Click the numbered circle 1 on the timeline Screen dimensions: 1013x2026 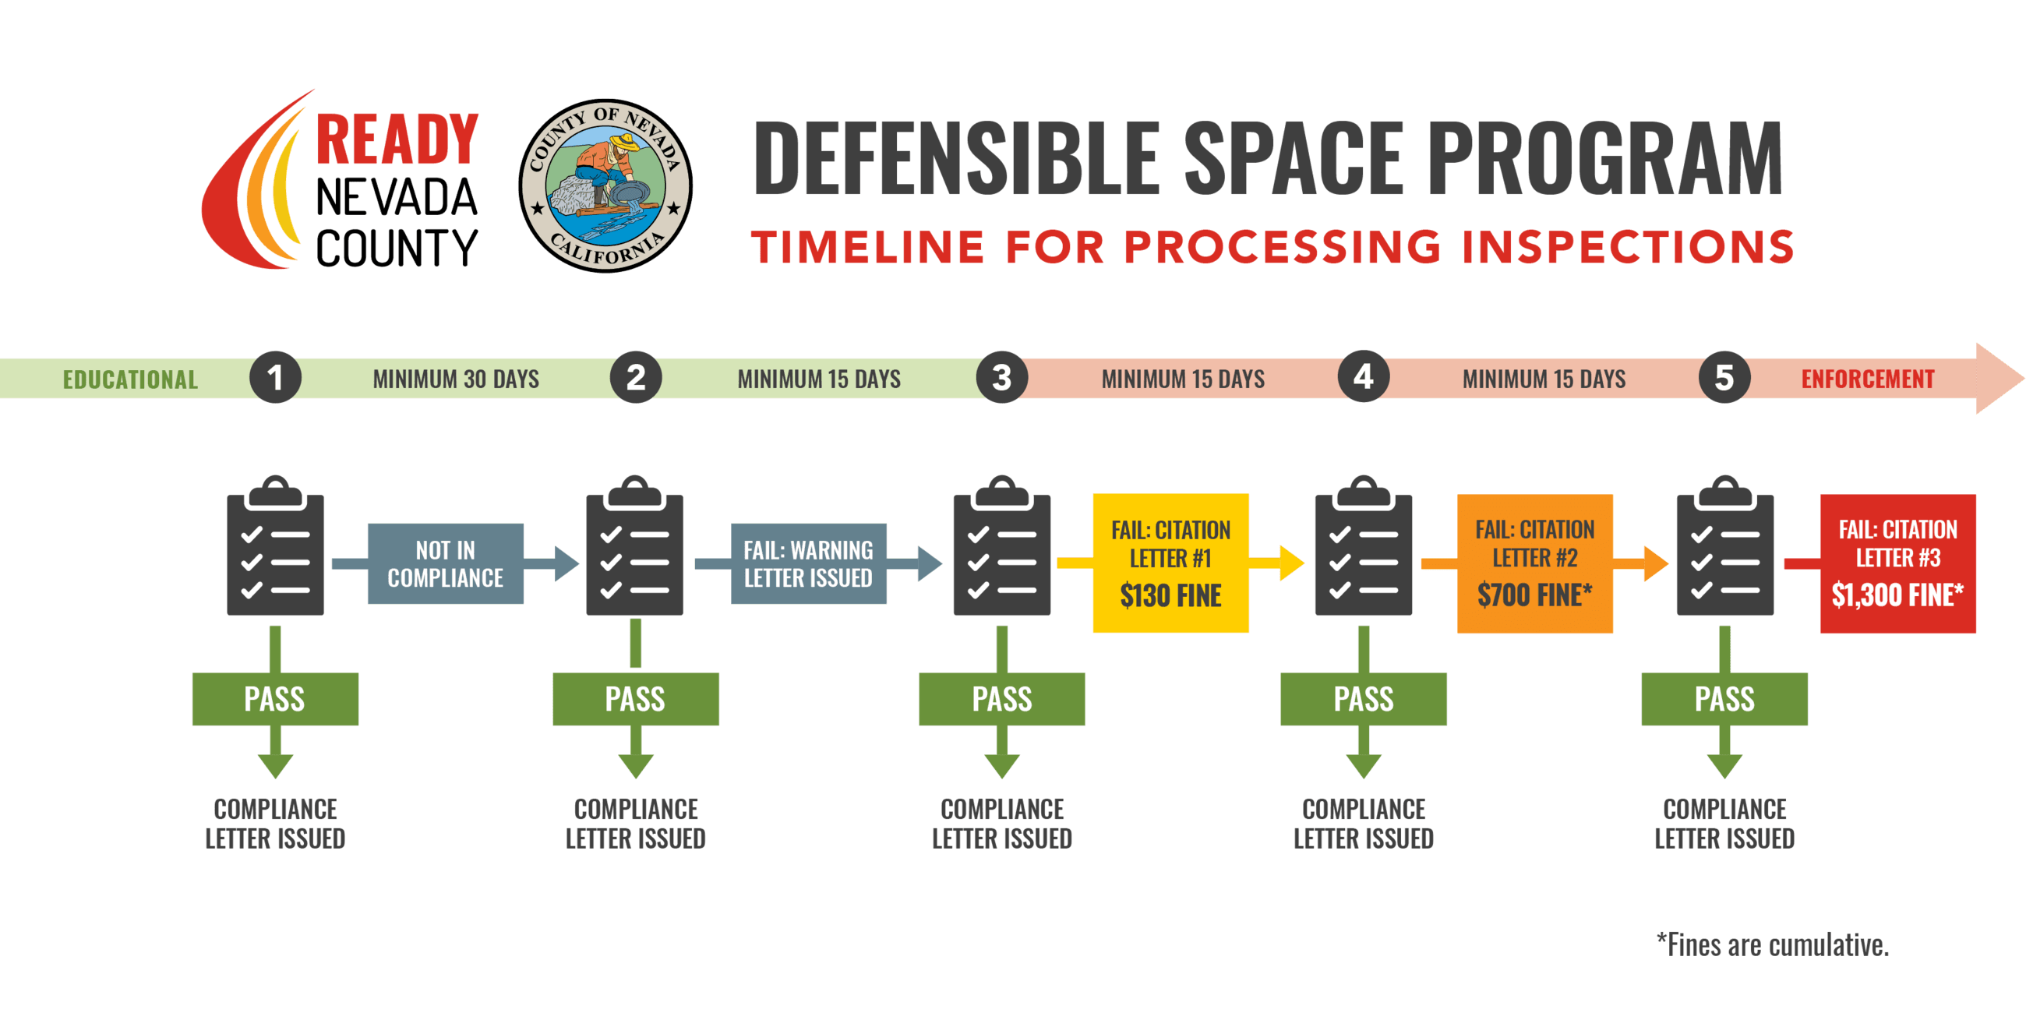[x=275, y=377]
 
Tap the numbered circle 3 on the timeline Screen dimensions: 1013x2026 [x=1001, y=377]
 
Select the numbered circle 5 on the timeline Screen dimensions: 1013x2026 [x=1724, y=377]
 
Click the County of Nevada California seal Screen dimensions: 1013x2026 [x=605, y=185]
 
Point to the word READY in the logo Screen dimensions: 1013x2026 [x=397, y=139]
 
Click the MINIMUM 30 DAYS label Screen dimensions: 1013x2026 [x=455, y=379]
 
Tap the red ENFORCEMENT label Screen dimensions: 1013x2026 [x=1867, y=379]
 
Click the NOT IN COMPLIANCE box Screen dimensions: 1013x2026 [x=445, y=564]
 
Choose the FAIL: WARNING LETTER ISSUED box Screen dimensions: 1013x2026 [x=808, y=564]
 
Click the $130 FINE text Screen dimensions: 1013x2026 [x=1170, y=596]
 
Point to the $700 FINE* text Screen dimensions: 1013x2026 [x=1534, y=595]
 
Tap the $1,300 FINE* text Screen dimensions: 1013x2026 [x=1897, y=595]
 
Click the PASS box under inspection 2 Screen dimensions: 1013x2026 [x=635, y=699]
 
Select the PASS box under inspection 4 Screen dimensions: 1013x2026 [x=1363, y=699]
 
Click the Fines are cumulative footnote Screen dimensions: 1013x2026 [x=1773, y=944]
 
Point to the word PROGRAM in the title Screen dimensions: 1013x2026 [x=1604, y=157]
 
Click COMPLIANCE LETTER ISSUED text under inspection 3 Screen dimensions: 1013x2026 [x=1002, y=824]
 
